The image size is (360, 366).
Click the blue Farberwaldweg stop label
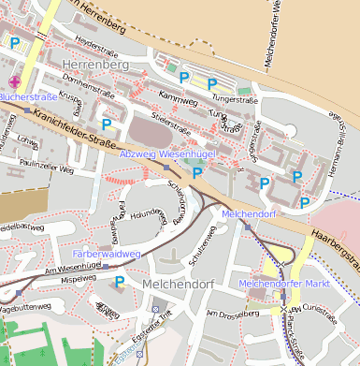(x=106, y=253)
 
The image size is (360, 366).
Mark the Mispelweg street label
(x=78, y=278)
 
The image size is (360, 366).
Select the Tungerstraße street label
(x=234, y=97)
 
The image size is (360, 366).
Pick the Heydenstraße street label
(x=99, y=43)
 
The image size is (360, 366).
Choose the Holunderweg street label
(x=146, y=215)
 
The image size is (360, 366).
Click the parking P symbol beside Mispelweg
(x=119, y=281)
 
